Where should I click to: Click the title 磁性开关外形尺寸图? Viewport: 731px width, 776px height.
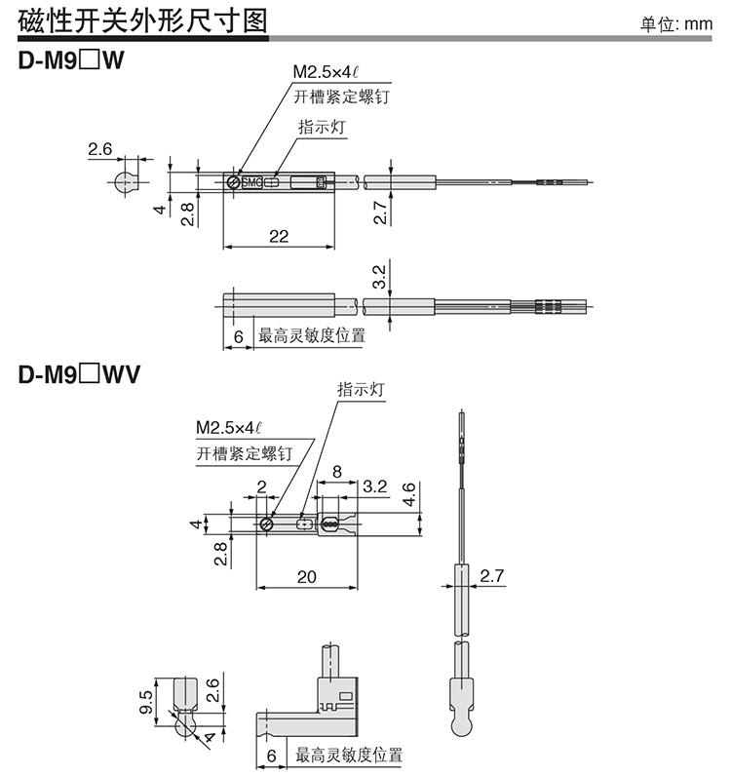140,20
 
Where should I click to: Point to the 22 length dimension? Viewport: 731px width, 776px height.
279,235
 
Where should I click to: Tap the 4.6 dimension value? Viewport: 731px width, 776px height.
409,493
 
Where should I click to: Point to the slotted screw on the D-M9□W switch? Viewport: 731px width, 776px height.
233,181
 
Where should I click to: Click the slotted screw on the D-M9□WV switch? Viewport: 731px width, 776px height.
267,524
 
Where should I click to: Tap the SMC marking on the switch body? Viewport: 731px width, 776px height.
251,181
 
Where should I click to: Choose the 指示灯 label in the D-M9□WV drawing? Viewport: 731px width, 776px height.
362,388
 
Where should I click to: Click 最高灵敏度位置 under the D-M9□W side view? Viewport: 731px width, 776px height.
312,337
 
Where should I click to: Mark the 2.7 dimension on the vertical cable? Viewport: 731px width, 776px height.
492,577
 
